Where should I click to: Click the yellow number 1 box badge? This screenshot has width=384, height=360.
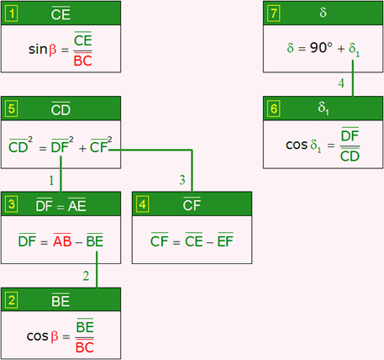click(12, 13)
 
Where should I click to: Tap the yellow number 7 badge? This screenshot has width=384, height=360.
click(274, 13)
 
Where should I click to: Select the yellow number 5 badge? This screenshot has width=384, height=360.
click(12, 109)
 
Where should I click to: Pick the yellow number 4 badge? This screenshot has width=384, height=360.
click(143, 204)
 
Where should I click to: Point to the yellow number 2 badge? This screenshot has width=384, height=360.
click(12, 300)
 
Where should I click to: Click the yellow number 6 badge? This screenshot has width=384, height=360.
click(274, 109)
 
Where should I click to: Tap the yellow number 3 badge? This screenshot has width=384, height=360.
click(12, 204)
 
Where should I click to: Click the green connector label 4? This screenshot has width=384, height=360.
click(341, 83)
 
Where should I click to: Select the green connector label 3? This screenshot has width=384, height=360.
click(182, 180)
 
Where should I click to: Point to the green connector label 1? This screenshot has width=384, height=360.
click(51, 180)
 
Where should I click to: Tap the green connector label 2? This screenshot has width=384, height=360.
click(86, 276)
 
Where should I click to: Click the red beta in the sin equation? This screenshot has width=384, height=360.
click(53, 50)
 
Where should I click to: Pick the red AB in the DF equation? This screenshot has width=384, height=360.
click(62, 241)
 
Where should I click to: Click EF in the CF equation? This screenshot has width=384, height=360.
click(225, 241)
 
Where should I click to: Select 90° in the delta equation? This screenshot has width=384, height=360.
click(321, 48)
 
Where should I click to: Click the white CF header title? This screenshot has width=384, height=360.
click(192, 204)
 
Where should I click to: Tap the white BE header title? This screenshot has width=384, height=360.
click(60, 300)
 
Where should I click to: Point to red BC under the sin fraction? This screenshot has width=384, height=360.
click(83, 61)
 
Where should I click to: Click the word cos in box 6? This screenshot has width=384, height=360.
click(297, 145)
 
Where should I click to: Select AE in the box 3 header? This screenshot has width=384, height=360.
click(77, 205)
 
